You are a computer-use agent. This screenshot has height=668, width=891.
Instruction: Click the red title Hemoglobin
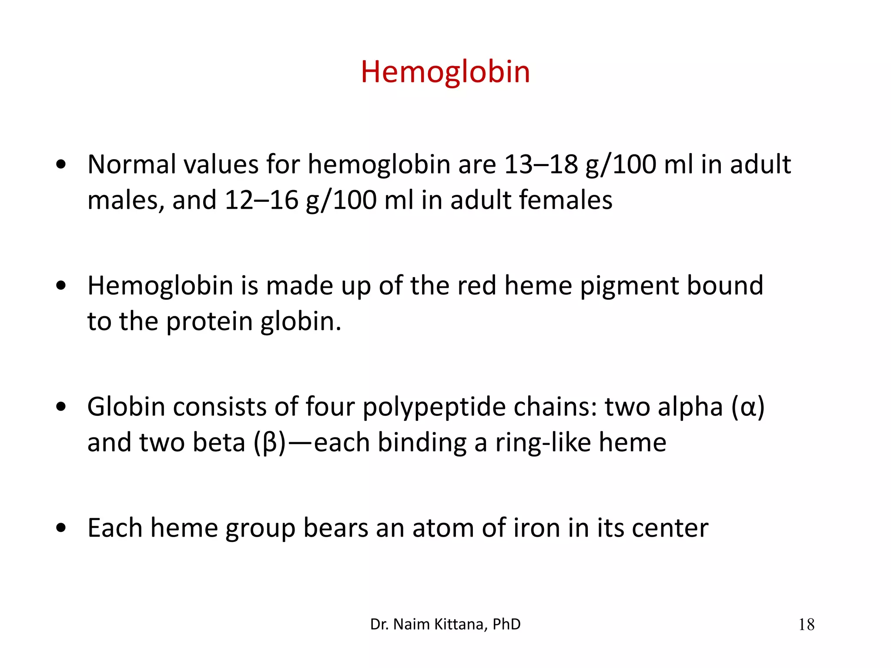point(445,72)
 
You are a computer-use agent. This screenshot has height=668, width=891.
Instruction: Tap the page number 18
point(806,625)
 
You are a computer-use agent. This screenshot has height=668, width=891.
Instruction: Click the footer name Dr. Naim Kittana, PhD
point(445,625)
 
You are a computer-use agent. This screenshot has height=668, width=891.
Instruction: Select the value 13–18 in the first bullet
point(541,165)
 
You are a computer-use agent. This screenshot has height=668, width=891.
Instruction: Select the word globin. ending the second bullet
point(301,322)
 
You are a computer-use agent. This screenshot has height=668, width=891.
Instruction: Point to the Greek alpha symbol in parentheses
point(748,408)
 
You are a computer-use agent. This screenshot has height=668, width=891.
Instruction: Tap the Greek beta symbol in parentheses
point(270,443)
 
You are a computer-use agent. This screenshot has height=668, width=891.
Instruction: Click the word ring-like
point(543,443)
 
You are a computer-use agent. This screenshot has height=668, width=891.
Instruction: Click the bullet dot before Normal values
point(61,165)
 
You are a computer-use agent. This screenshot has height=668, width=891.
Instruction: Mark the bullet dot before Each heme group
point(61,528)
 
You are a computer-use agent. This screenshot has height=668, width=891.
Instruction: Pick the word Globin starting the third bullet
point(126,407)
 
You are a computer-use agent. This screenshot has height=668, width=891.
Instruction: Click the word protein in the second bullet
point(209,322)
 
